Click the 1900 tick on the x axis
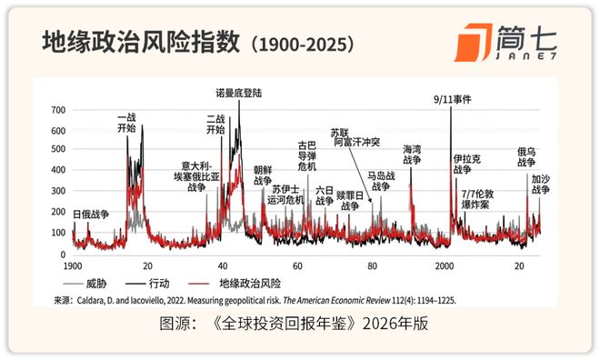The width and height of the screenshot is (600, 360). [74, 265]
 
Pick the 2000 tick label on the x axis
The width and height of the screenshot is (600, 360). [445, 265]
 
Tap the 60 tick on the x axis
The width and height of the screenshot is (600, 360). [297, 265]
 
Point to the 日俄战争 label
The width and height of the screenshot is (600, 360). [90, 214]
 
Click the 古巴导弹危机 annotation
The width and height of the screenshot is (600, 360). [307, 155]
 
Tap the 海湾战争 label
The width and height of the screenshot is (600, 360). [412, 154]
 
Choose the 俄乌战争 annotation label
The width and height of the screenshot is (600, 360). [526, 158]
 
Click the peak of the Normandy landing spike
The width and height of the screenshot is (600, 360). [239, 102]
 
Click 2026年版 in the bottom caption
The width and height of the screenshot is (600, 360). [399, 324]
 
